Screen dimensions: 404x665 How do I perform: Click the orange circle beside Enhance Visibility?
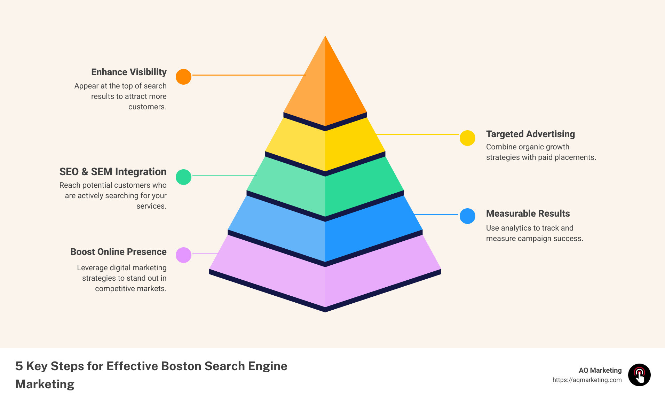tap(183, 77)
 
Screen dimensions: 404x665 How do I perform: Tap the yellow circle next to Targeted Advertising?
tap(467, 138)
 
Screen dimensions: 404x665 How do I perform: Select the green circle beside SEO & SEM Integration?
tap(183, 177)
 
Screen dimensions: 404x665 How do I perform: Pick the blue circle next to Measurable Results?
tap(467, 216)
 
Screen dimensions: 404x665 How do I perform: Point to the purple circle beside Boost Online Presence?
tap(183, 255)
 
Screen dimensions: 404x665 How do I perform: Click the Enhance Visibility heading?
tap(129, 72)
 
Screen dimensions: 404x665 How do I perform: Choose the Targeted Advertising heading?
tap(530, 134)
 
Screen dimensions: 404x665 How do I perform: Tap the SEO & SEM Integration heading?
tap(113, 172)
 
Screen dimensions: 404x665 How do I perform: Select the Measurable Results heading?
tap(528, 213)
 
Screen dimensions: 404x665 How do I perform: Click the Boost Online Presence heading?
tap(118, 252)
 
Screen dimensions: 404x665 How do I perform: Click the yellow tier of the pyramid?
tap(325, 146)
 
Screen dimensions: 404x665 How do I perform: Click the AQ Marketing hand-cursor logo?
tap(639, 375)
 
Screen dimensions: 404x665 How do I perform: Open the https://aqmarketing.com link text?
tap(587, 380)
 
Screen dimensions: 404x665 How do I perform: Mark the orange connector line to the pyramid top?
tap(248, 75)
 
